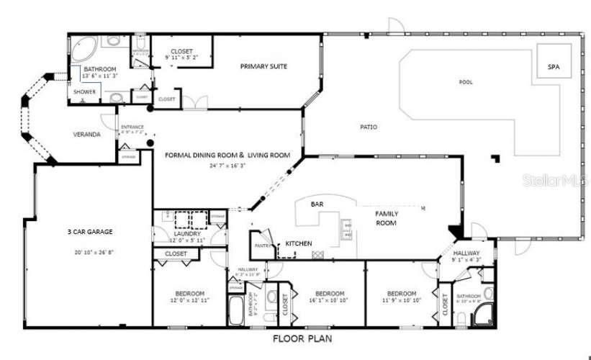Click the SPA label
(554, 67)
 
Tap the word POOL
(466, 82)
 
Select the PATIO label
(369, 127)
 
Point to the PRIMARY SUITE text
(263, 66)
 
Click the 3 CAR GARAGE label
(90, 232)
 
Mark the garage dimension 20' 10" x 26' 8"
(90, 253)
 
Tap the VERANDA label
(86, 135)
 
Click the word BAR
(317, 204)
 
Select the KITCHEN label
(299, 243)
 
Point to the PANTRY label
(261, 246)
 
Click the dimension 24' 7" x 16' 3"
(227, 165)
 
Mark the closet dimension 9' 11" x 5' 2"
(181, 57)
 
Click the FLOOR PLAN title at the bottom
(302, 338)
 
